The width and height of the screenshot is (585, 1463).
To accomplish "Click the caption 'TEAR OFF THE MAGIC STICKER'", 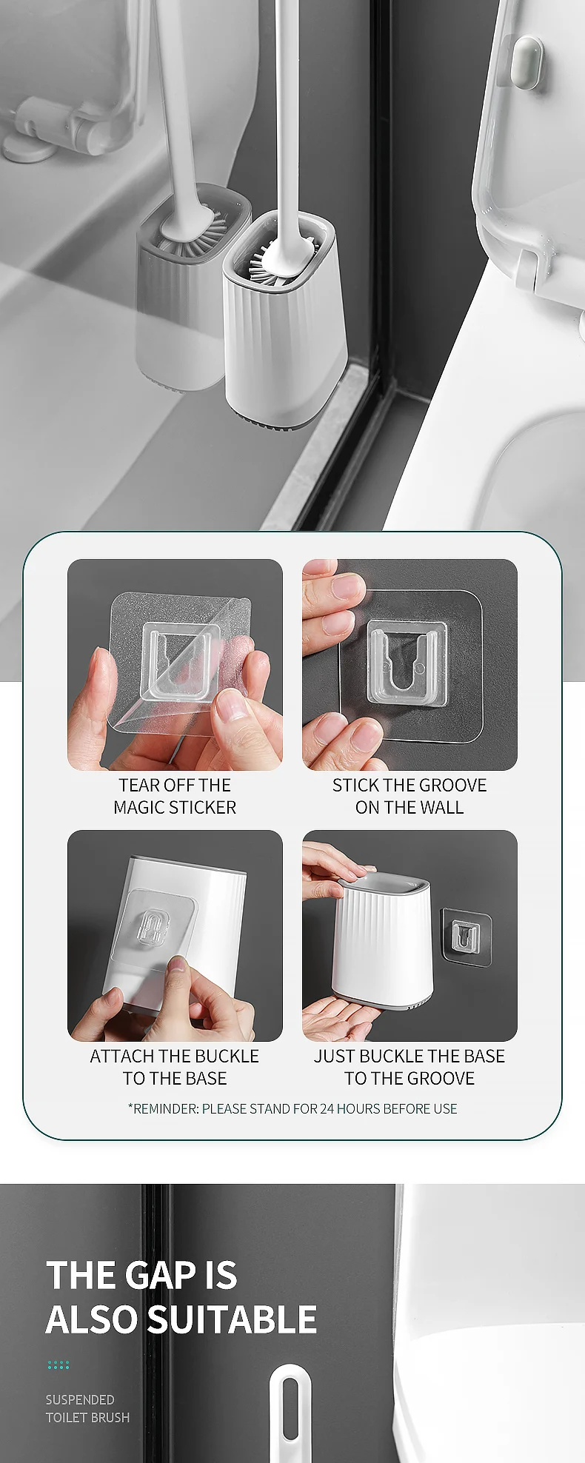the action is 175,796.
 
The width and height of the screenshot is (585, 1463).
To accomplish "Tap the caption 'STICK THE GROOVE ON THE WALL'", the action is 409,796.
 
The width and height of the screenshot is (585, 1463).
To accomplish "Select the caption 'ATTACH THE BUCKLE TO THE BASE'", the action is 175,1067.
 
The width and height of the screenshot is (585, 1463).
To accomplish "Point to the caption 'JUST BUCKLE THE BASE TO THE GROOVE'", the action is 409,1067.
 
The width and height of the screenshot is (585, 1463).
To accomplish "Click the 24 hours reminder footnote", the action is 292,1108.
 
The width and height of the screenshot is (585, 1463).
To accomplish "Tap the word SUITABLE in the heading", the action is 232,1319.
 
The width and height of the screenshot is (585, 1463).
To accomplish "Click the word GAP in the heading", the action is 161,1275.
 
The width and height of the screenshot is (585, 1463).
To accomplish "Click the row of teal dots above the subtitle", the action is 58,1365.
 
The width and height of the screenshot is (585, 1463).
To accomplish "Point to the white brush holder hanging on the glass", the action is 285,318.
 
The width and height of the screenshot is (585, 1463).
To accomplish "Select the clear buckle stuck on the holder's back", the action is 153,928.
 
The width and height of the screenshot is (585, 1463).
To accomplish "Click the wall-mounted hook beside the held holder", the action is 467,937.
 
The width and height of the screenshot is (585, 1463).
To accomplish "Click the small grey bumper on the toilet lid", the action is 528,61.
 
